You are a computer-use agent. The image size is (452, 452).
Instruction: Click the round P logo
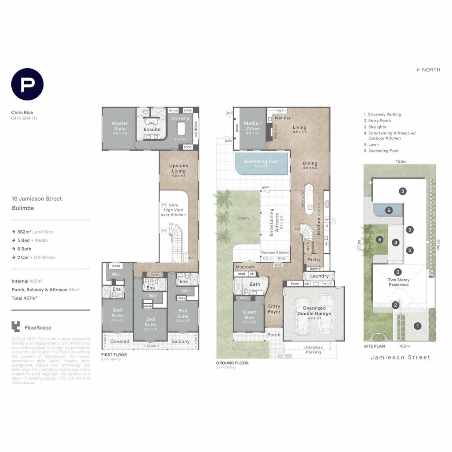click(x=27, y=84)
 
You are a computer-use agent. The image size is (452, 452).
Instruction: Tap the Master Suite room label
click(x=119, y=126)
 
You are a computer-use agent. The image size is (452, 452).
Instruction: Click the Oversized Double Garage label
click(x=314, y=311)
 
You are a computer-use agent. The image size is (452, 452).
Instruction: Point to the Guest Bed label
click(x=249, y=314)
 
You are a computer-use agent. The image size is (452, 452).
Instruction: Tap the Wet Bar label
click(x=282, y=118)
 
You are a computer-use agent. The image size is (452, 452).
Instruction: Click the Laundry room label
click(x=319, y=276)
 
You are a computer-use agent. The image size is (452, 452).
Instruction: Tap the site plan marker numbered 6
click(x=389, y=210)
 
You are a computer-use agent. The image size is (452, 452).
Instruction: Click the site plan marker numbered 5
click(x=379, y=240)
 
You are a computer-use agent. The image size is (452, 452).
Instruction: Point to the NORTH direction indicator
click(x=428, y=70)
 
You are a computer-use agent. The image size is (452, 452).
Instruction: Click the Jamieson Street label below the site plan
click(x=401, y=357)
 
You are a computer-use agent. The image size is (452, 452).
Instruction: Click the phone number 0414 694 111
click(x=24, y=118)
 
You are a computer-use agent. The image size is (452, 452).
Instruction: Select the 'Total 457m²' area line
click(x=25, y=298)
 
